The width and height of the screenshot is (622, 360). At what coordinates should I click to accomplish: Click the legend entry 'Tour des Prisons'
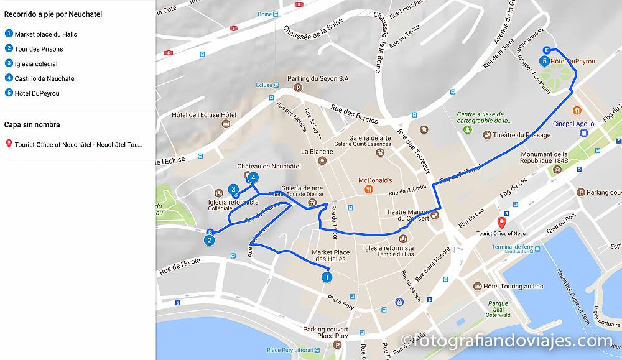coord(39,48)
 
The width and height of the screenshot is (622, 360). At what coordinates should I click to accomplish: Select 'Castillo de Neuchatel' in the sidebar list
coord(45,78)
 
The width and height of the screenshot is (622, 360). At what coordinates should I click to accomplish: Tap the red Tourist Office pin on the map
coord(503,223)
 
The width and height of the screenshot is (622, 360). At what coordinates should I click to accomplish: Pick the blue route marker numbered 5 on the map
coord(544,61)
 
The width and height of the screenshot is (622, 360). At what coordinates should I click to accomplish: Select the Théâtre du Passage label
coord(521,135)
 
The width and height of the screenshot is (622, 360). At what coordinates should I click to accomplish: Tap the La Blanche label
coord(317,151)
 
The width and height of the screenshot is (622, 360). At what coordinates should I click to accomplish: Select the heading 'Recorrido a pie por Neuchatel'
coord(53,14)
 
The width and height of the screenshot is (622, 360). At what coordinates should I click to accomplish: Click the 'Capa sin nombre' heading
coord(32,124)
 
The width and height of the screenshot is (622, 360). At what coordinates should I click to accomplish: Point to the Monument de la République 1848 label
coord(544,158)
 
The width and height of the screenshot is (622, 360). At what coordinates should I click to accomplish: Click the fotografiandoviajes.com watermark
coord(507,341)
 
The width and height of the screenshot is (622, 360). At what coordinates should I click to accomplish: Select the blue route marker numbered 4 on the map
coord(253,178)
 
